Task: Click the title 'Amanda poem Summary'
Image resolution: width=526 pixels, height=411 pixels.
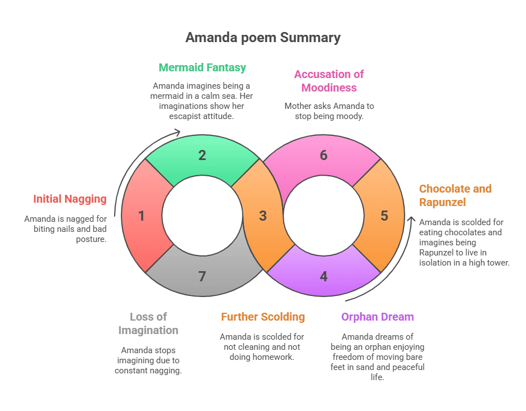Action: pos(263,38)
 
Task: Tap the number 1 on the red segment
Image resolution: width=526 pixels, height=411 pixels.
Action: pos(141,216)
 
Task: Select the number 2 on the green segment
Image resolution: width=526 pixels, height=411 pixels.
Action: pos(202,156)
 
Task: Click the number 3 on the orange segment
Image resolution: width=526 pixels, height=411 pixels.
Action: pos(262,216)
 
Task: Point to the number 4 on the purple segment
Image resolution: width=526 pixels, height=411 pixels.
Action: pos(324,276)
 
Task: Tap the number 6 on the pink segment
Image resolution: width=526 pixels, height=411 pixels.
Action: pos(324,156)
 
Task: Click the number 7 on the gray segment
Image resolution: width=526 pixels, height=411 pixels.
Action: pos(202,276)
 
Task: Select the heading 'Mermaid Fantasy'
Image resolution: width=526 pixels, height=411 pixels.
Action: pos(202,68)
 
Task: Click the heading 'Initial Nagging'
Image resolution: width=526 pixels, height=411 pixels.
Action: pos(70,199)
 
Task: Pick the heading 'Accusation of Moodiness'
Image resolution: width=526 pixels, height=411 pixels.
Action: pos(329,81)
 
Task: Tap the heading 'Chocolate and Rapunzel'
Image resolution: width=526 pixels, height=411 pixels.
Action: pos(455,195)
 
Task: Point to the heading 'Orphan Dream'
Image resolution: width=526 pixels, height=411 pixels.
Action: pos(377,317)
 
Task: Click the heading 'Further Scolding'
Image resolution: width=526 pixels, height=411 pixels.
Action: pos(262,317)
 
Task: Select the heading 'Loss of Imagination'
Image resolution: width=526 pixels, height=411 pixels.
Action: pos(148,323)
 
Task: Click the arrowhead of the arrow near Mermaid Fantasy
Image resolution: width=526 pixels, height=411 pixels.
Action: pos(178,133)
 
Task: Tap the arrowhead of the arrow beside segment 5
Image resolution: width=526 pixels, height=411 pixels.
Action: pos(411,219)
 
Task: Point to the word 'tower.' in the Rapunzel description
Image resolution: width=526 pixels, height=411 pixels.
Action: pos(497,263)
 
